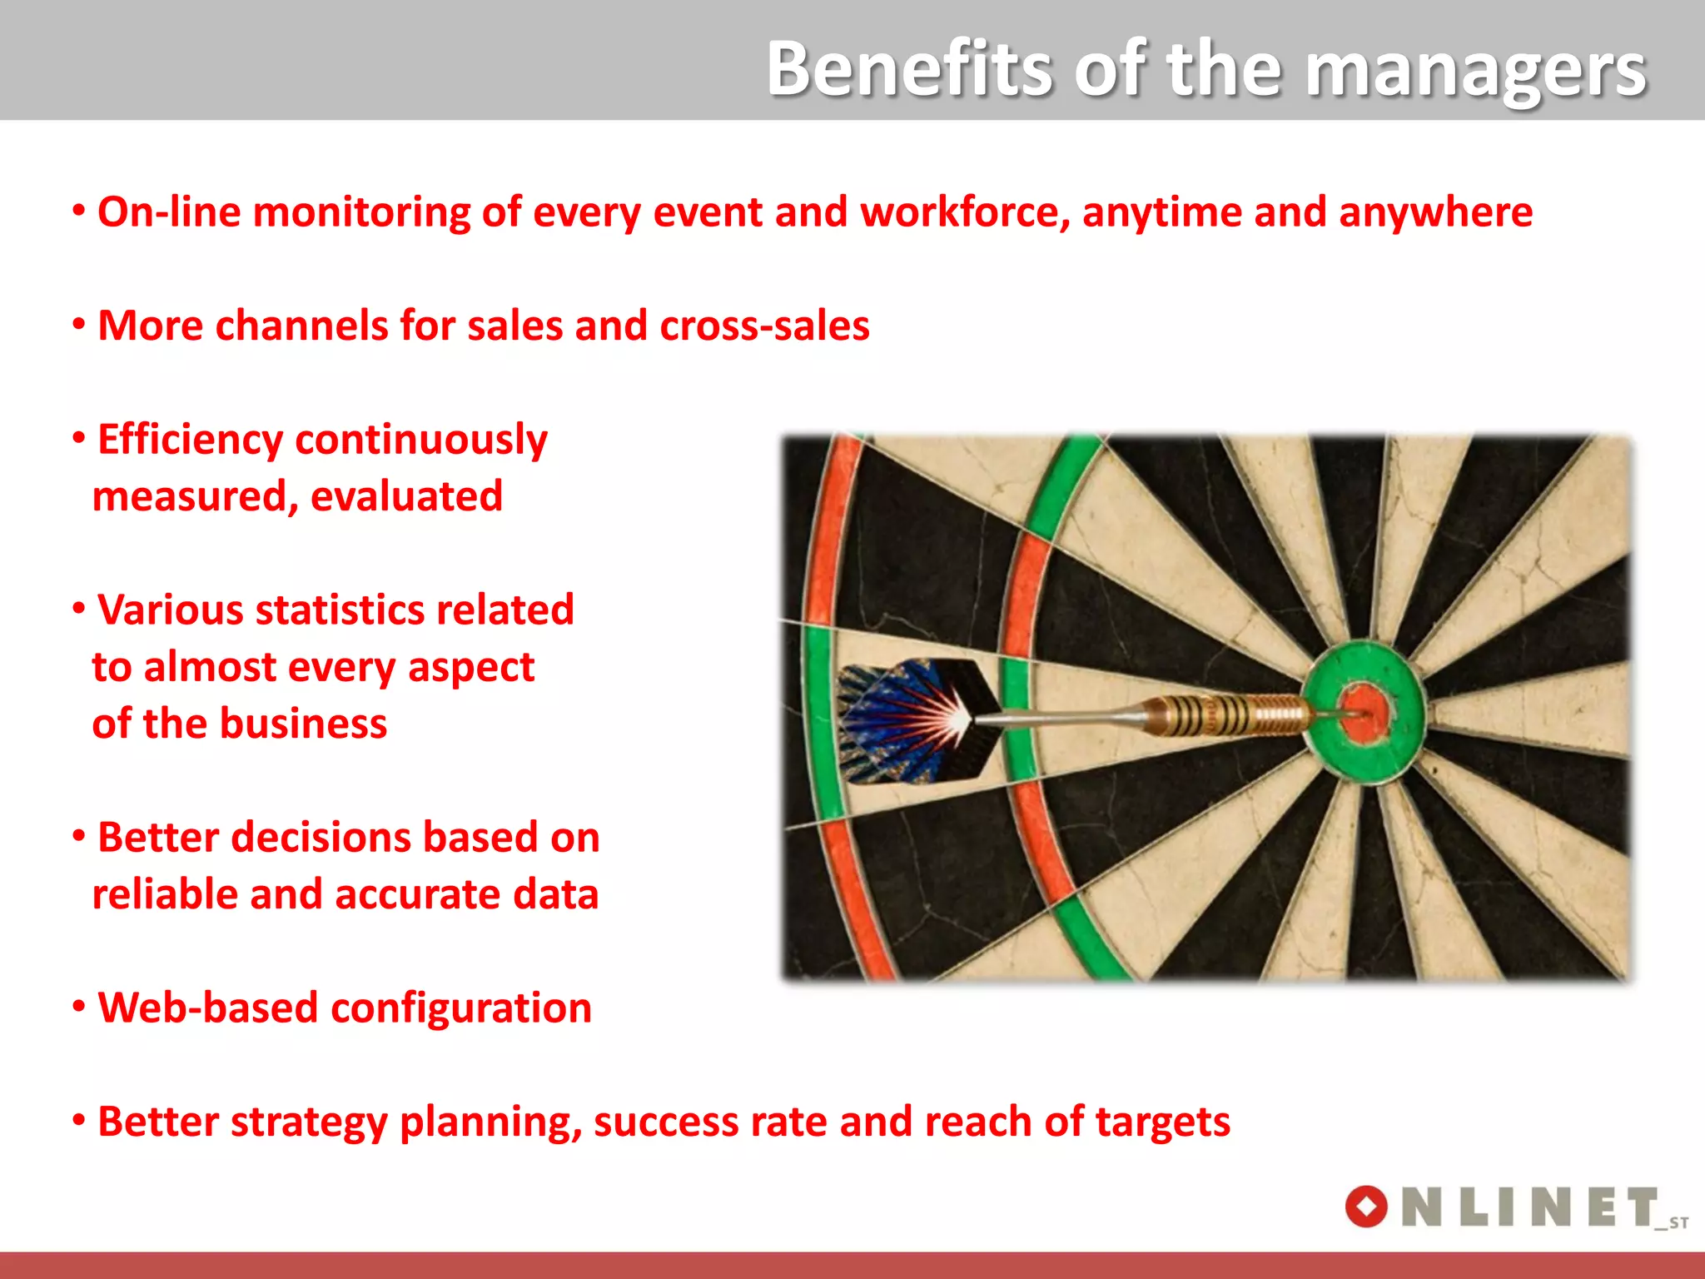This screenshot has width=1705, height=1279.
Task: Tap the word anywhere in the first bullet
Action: [1435, 212]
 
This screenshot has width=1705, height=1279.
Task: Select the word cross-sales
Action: [764, 326]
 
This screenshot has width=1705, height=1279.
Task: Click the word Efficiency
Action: [190, 440]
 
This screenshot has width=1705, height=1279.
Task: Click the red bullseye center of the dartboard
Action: [1364, 714]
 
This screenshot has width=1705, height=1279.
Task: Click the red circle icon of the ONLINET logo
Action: [1366, 1207]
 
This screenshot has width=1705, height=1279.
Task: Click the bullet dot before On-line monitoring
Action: [79, 211]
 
